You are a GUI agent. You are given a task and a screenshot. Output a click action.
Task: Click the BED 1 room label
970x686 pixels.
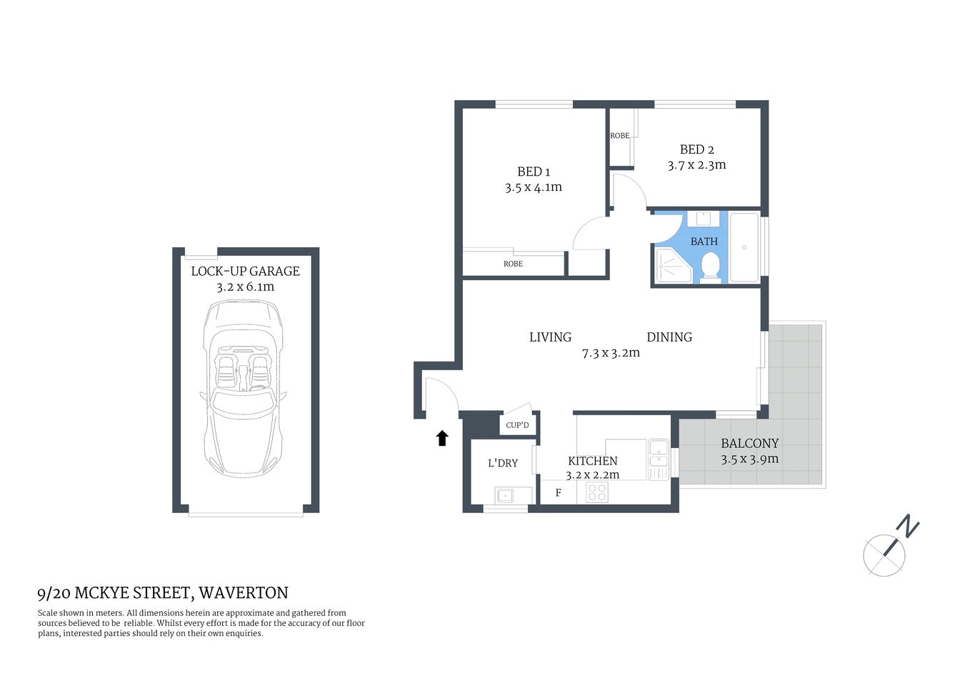(534, 171)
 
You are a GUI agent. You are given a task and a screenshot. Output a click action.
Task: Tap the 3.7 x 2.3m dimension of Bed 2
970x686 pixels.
(696, 165)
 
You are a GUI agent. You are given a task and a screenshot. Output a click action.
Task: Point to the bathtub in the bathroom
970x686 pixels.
(744, 247)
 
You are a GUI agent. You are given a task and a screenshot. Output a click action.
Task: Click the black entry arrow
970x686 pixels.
(442, 438)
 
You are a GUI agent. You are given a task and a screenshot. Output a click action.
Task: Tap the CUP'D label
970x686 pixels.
(517, 425)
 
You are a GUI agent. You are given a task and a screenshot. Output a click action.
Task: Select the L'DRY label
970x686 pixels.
(503, 463)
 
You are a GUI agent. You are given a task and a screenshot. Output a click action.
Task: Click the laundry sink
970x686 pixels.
(506, 494)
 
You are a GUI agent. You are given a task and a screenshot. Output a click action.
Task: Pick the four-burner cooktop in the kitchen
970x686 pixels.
(597, 492)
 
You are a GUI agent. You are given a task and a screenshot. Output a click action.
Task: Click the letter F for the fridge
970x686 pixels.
(559, 493)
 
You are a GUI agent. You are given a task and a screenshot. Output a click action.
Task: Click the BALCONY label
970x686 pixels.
(749, 443)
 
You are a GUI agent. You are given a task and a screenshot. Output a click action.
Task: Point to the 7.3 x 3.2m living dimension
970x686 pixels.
(611, 353)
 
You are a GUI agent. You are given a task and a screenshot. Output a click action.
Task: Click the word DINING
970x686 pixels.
(669, 337)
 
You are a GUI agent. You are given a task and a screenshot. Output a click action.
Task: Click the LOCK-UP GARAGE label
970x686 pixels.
(245, 271)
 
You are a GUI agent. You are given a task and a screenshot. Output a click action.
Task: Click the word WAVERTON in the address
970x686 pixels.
(244, 592)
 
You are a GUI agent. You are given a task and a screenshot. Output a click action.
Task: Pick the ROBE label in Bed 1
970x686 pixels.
(513, 264)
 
